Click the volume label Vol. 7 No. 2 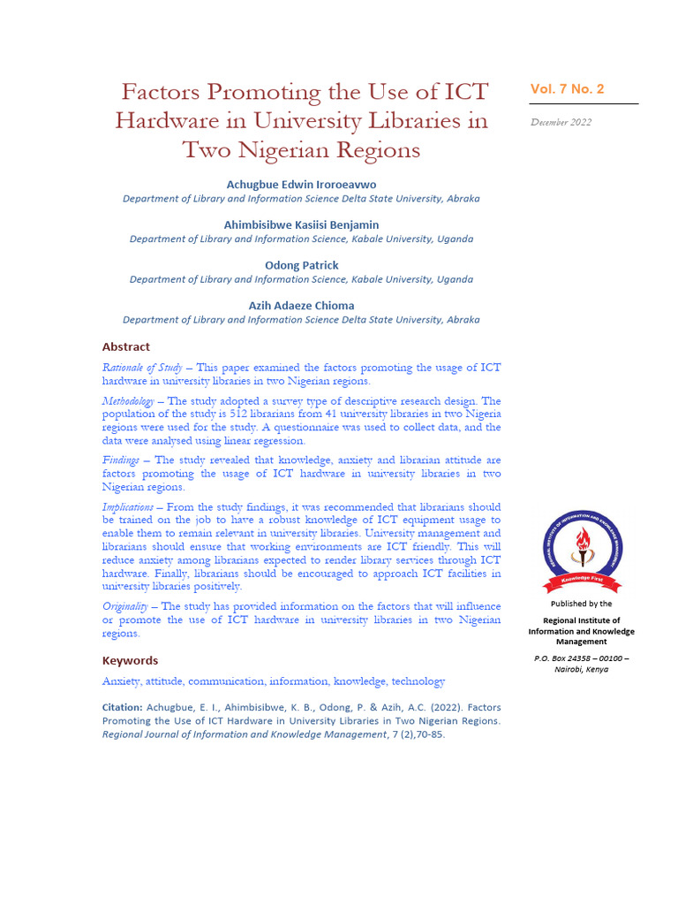(x=567, y=89)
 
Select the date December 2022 (x=561, y=122)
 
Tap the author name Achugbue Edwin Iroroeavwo (x=301, y=184)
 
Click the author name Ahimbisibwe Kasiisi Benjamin (x=301, y=224)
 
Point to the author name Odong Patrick (x=301, y=265)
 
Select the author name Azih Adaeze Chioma (x=301, y=306)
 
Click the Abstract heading (x=126, y=346)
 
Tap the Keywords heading (x=130, y=660)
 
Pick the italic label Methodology (x=128, y=401)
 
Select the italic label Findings (x=120, y=460)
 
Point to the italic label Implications (x=127, y=507)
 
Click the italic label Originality (x=124, y=606)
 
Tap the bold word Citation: (x=122, y=707)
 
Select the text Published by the (x=581, y=604)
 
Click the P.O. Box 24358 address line (x=581, y=658)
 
